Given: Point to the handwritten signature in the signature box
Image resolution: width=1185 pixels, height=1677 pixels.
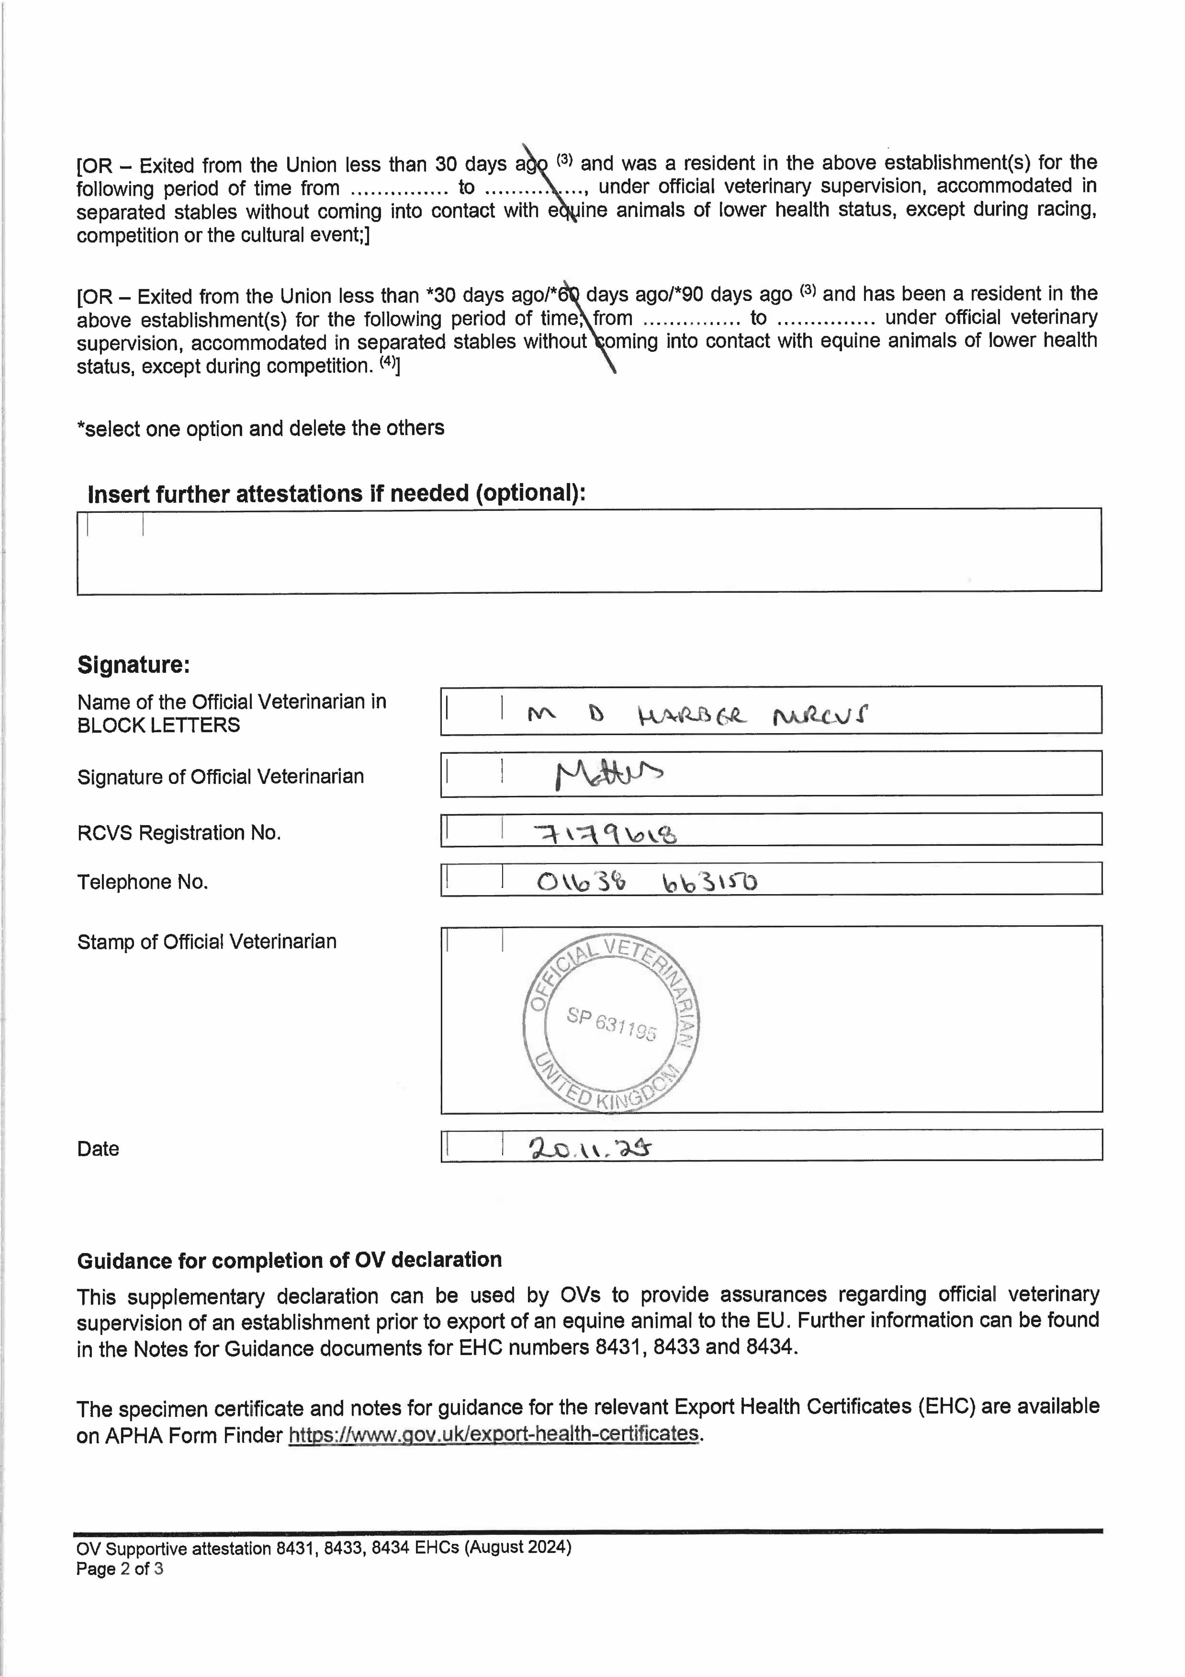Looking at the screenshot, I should (x=608, y=774).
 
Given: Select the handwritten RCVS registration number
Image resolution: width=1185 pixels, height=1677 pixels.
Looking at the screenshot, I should (x=604, y=833).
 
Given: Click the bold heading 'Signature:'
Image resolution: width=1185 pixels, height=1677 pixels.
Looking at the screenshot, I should (x=134, y=665).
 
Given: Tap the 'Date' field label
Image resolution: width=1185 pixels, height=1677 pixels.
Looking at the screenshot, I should (x=98, y=1149).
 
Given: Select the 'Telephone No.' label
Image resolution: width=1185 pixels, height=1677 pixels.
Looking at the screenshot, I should (x=142, y=882).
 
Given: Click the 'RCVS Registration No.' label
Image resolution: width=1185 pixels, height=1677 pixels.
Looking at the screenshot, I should (x=179, y=833).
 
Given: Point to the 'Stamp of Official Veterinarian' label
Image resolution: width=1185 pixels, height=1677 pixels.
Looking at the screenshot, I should (x=206, y=941).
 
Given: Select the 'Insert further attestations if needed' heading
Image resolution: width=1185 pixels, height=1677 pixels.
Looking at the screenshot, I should (x=336, y=494).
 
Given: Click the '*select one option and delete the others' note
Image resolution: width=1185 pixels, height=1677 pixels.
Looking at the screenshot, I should (x=261, y=428).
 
